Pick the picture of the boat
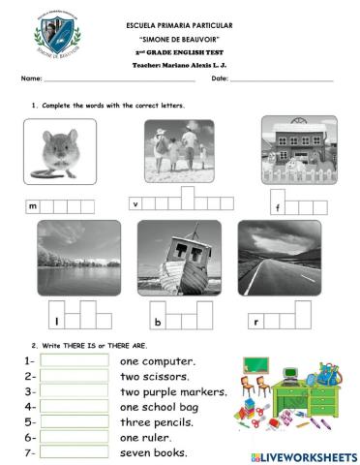coord(175,257)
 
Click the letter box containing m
coord(33,206)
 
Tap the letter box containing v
coord(136,203)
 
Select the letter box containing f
coord(278,207)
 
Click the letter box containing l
coord(56,320)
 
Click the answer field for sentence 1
coord(75,360)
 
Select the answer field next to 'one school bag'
coord(75,407)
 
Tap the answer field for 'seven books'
coord(75,453)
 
